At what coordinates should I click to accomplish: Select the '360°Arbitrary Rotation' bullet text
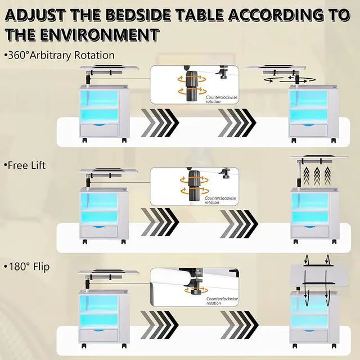59,55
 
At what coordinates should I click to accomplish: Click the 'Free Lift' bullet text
25,165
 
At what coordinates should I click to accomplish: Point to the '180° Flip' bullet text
27,267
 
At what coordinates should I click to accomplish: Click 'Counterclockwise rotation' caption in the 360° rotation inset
221,100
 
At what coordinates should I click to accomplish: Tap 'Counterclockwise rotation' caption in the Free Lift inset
220,200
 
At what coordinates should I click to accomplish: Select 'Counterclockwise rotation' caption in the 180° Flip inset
222,301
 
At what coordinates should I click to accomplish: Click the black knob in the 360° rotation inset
191,86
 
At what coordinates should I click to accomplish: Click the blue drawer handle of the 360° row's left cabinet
100,125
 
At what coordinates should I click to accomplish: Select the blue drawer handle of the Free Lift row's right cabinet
310,227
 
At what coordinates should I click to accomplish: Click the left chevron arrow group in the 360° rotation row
160,123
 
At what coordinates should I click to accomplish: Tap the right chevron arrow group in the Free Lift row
239,224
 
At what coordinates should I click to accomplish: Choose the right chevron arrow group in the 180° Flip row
239,325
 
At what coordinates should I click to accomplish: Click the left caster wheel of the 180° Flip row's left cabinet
84,345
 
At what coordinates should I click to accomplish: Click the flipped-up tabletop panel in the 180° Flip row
319,276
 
